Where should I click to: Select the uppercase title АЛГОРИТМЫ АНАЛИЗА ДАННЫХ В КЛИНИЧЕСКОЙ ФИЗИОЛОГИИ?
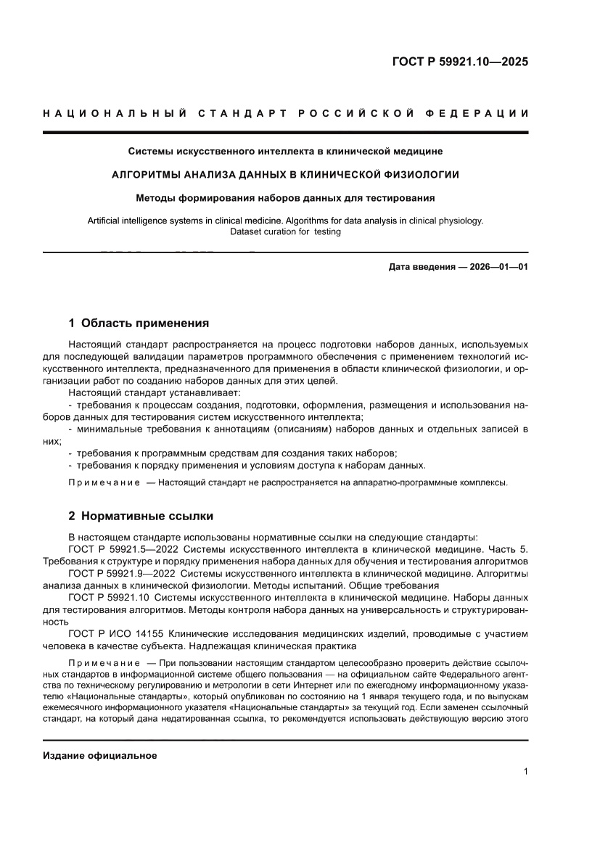point(285,174)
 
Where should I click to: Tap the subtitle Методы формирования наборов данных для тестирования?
point(285,197)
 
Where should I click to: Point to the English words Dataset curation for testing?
point(285,232)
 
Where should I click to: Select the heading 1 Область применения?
point(139,323)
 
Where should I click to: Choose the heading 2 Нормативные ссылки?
point(141,516)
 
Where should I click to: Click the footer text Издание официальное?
point(100,755)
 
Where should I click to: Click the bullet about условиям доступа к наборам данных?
point(247,465)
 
